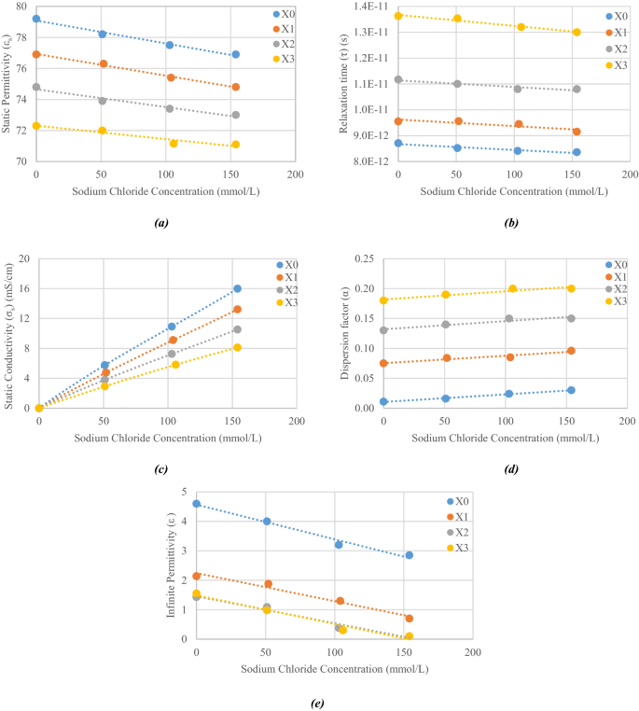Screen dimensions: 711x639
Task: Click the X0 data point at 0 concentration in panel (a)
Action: click(x=36, y=19)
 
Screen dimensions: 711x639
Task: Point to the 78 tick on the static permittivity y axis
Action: click(x=20, y=39)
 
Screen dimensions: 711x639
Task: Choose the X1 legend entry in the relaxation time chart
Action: click(x=620, y=32)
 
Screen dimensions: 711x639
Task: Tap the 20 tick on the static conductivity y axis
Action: click(x=25, y=258)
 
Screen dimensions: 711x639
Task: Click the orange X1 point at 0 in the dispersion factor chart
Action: click(x=383, y=363)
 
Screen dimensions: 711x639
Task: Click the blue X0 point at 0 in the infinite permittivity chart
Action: click(x=197, y=504)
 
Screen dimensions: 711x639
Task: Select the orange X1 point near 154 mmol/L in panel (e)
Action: click(x=409, y=619)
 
